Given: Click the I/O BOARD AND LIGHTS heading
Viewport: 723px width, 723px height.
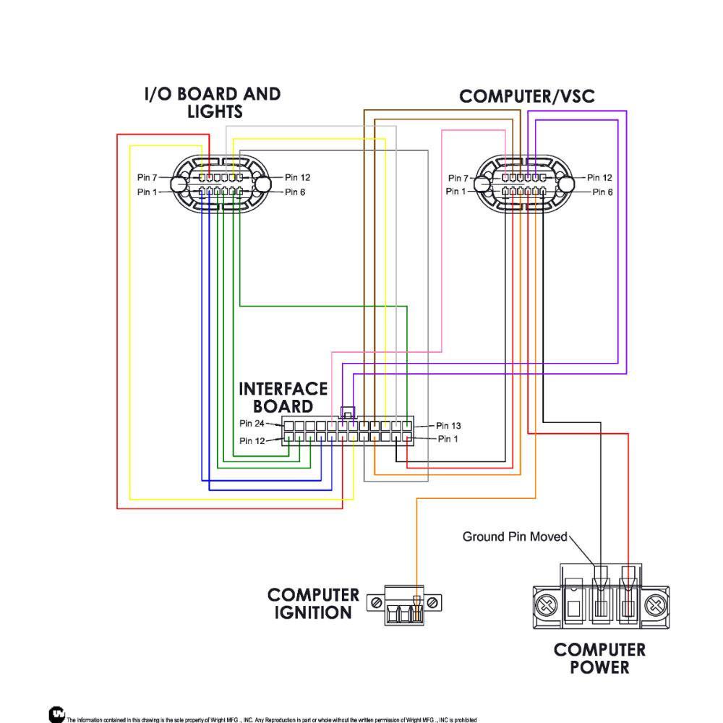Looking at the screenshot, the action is click(213, 103).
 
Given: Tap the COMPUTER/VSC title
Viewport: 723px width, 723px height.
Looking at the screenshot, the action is click(526, 96).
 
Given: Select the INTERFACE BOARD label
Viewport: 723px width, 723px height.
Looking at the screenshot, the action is click(283, 398).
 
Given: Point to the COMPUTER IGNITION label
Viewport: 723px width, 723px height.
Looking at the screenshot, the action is click(313, 604).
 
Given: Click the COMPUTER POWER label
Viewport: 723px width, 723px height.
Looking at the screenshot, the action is click(599, 659).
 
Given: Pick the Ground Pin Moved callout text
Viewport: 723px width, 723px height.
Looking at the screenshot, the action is click(515, 536).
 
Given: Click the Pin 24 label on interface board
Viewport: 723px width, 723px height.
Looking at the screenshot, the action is click(252, 423).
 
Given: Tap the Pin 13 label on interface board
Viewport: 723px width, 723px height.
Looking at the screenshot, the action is click(448, 426).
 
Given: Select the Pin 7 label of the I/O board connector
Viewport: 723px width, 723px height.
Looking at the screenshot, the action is click(147, 177).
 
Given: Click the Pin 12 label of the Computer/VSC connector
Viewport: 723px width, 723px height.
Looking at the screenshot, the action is click(599, 178).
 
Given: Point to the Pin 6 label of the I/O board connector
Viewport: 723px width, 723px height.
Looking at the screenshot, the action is click(295, 192).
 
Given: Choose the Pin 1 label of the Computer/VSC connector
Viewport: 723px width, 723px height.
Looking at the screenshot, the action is click(455, 191).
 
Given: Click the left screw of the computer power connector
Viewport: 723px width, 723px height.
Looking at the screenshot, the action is click(547, 605).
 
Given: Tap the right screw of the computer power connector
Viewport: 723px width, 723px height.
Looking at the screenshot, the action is click(655, 605).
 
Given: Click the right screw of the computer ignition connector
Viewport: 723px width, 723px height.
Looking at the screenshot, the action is click(432, 603).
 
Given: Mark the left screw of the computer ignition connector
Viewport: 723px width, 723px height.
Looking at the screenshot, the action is click(376, 603).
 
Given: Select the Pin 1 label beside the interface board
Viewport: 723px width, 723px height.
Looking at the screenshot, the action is click(448, 439).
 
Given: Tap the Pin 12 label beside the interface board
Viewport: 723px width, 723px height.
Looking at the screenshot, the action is click(252, 441).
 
